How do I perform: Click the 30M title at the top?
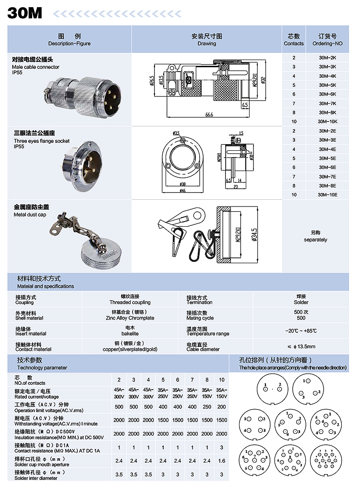click(x=24, y=12)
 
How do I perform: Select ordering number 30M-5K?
click(x=327, y=85)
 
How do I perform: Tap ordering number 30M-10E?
click(x=327, y=195)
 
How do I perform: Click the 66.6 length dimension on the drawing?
click(x=208, y=115)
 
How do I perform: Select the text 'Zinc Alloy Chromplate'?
click(x=130, y=318)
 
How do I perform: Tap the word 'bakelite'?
click(x=130, y=333)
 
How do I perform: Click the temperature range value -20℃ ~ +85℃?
click(x=301, y=331)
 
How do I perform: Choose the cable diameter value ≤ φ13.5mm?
click(x=301, y=346)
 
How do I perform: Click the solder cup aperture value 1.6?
click(x=221, y=461)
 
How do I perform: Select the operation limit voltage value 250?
click(x=207, y=407)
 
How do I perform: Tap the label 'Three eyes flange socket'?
click(x=41, y=141)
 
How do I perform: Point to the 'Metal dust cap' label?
click(x=30, y=214)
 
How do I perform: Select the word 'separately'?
click(x=315, y=240)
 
